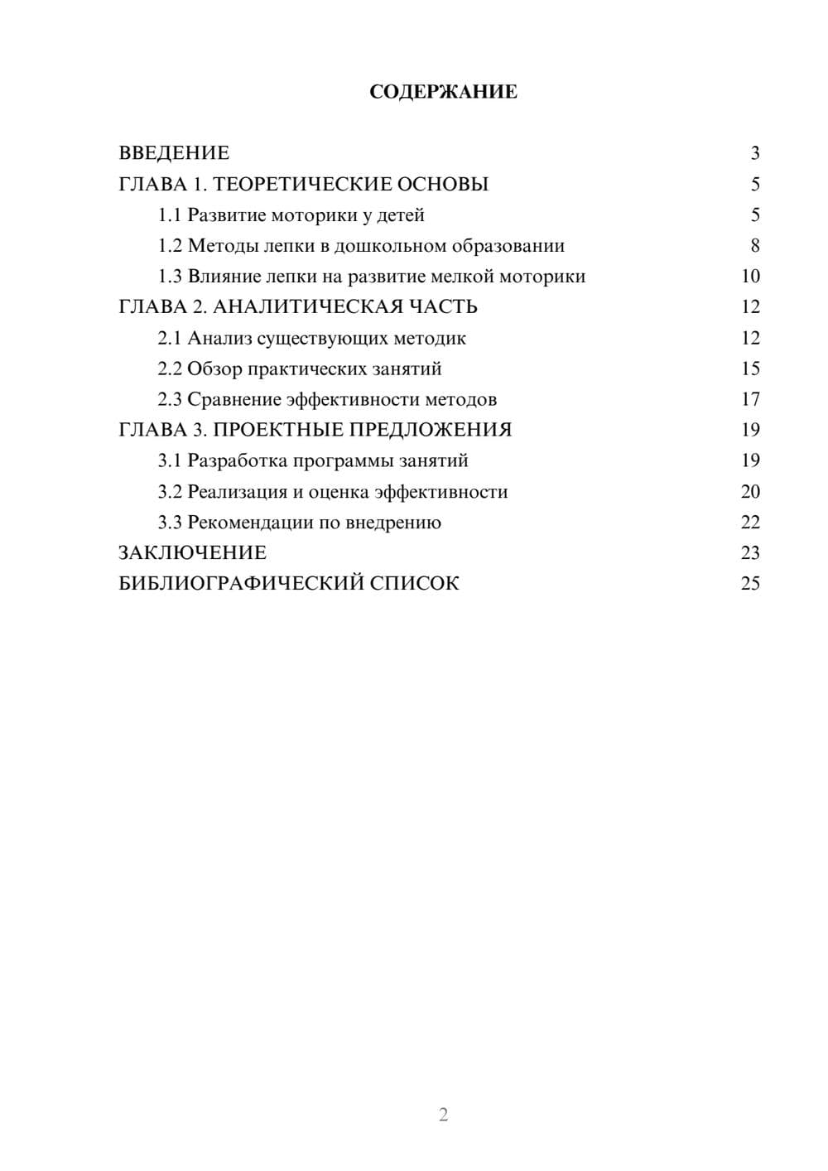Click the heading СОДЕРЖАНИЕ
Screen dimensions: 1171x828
point(443,92)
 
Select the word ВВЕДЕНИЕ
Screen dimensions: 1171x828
point(174,153)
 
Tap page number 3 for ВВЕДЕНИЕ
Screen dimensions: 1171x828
point(755,153)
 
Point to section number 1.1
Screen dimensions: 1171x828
point(169,215)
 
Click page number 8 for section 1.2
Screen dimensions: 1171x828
point(755,246)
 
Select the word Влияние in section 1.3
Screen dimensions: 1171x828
point(221,277)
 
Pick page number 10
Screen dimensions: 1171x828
point(750,277)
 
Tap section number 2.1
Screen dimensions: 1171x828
point(169,338)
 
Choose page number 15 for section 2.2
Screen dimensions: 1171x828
point(750,369)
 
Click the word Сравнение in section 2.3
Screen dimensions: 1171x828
point(234,399)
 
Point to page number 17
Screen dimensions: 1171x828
point(750,399)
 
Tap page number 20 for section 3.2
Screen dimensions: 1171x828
point(750,492)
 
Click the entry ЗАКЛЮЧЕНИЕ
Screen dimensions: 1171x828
point(192,553)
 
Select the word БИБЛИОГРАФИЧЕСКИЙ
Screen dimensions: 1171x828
point(241,584)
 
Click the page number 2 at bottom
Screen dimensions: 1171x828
point(443,1115)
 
